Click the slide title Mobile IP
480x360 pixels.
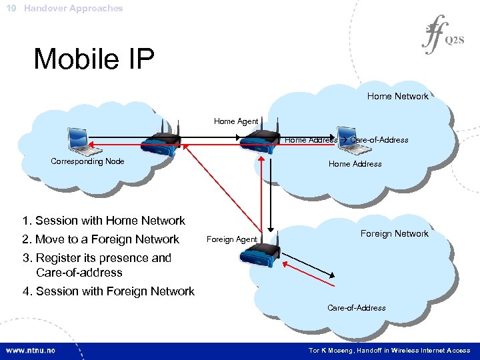94,59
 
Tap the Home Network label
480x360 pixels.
397,96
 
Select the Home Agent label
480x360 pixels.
235,121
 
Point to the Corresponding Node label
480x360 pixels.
87,161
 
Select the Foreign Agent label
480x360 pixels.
231,239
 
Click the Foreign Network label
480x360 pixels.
394,233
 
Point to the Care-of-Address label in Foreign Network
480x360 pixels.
356,308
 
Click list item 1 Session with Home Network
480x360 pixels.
103,221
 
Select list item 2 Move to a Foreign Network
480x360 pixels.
101,239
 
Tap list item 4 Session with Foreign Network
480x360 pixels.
108,291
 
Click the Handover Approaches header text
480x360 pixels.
73,9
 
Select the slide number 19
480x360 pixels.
11,9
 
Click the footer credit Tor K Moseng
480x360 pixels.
389,350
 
